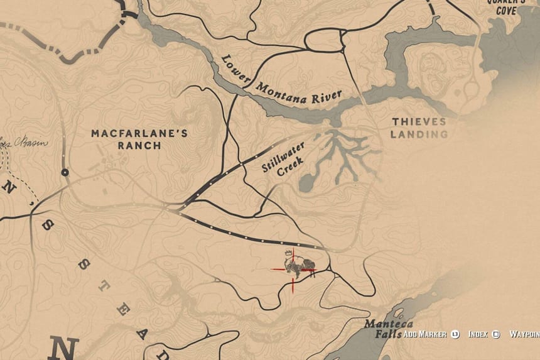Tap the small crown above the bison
pyautogui.click(x=288, y=253)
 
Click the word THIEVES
pyautogui.click(x=419, y=121)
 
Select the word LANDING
pyautogui.click(x=419, y=134)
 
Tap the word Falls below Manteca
pyautogui.click(x=388, y=335)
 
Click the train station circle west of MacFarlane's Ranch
pyautogui.click(x=65, y=172)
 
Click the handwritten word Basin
pyautogui.click(x=35, y=142)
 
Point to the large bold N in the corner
pyautogui.click(x=64, y=347)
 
